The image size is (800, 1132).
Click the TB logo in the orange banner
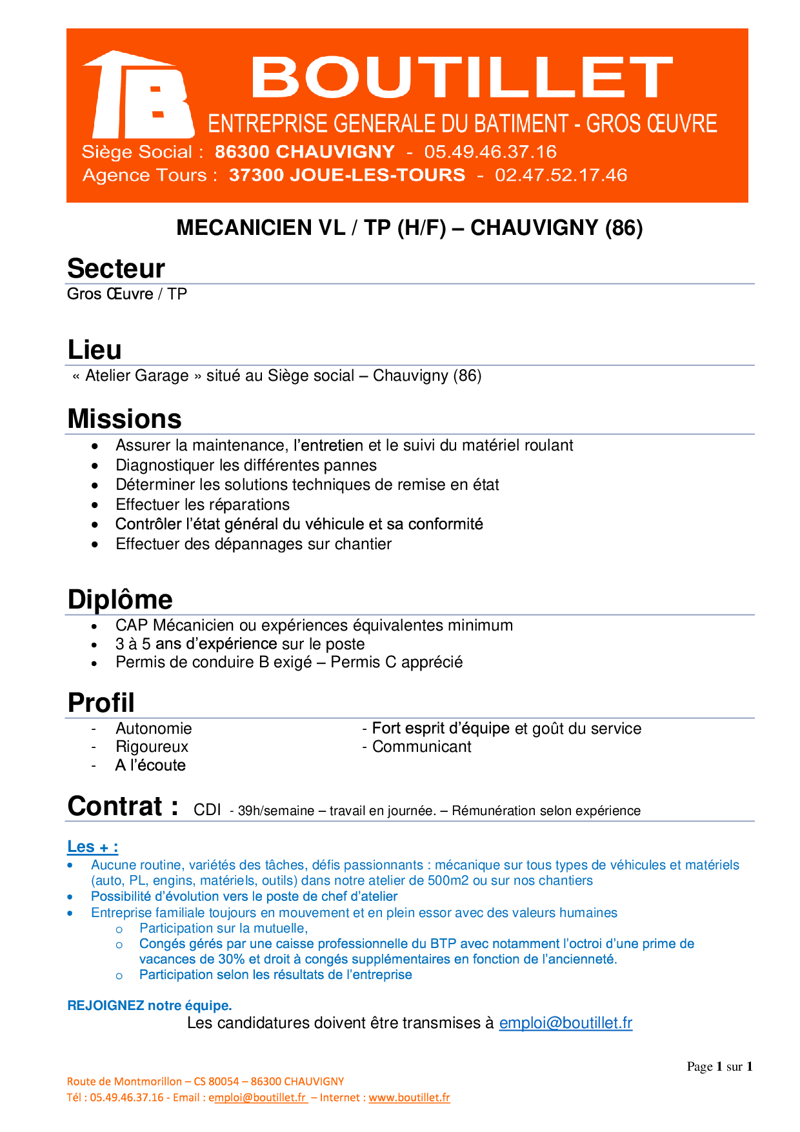tap(139, 96)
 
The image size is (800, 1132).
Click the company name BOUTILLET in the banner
tap(461, 77)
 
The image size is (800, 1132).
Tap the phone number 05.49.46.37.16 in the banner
tap(490, 152)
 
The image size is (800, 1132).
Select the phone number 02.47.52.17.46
tap(561, 176)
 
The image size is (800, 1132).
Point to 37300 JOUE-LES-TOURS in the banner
tap(347, 176)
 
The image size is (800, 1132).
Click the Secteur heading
tap(116, 268)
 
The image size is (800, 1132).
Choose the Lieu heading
tap(95, 350)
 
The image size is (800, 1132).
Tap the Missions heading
tap(125, 419)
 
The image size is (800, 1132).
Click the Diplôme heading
tap(120, 600)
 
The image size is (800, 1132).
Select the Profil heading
tap(101, 703)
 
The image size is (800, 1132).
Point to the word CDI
tap(207, 811)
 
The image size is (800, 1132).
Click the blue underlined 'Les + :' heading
tap(93, 847)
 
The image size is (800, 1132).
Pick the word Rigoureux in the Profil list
tap(152, 747)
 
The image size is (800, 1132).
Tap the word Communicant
tap(422, 747)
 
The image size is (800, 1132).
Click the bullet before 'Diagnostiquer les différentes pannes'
tap(95, 466)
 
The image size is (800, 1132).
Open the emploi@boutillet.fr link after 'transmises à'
tap(566, 1023)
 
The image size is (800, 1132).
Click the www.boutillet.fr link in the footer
tap(409, 1097)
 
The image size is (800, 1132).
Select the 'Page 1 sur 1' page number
tap(719, 1067)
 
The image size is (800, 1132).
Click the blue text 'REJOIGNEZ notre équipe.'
tap(150, 1006)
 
